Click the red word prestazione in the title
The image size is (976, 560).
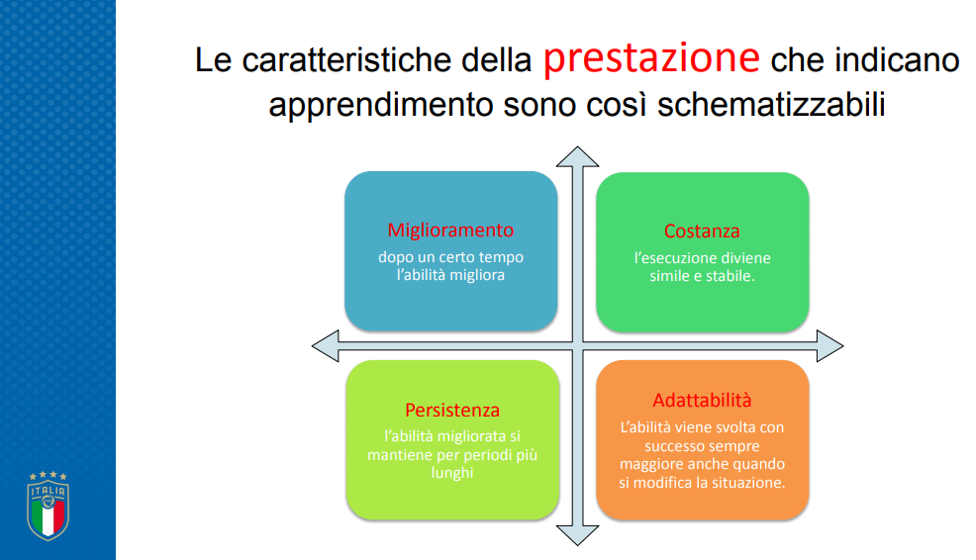click(x=651, y=59)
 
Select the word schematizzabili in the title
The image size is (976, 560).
click(x=771, y=104)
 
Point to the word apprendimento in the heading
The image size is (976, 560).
click(x=381, y=105)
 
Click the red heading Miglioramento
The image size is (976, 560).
click(x=450, y=231)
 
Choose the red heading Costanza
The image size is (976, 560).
click(x=702, y=232)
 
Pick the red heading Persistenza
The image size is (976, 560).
click(x=452, y=410)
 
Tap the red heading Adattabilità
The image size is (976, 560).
click(x=702, y=400)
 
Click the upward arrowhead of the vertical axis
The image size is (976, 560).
click(x=578, y=156)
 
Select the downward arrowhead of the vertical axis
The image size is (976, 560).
click(x=578, y=535)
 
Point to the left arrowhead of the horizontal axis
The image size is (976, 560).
click(x=325, y=346)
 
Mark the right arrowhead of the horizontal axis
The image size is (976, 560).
click(x=830, y=346)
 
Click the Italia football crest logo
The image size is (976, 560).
click(x=48, y=506)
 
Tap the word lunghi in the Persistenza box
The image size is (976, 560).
click(x=452, y=473)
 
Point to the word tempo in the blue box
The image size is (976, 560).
click(x=501, y=257)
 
